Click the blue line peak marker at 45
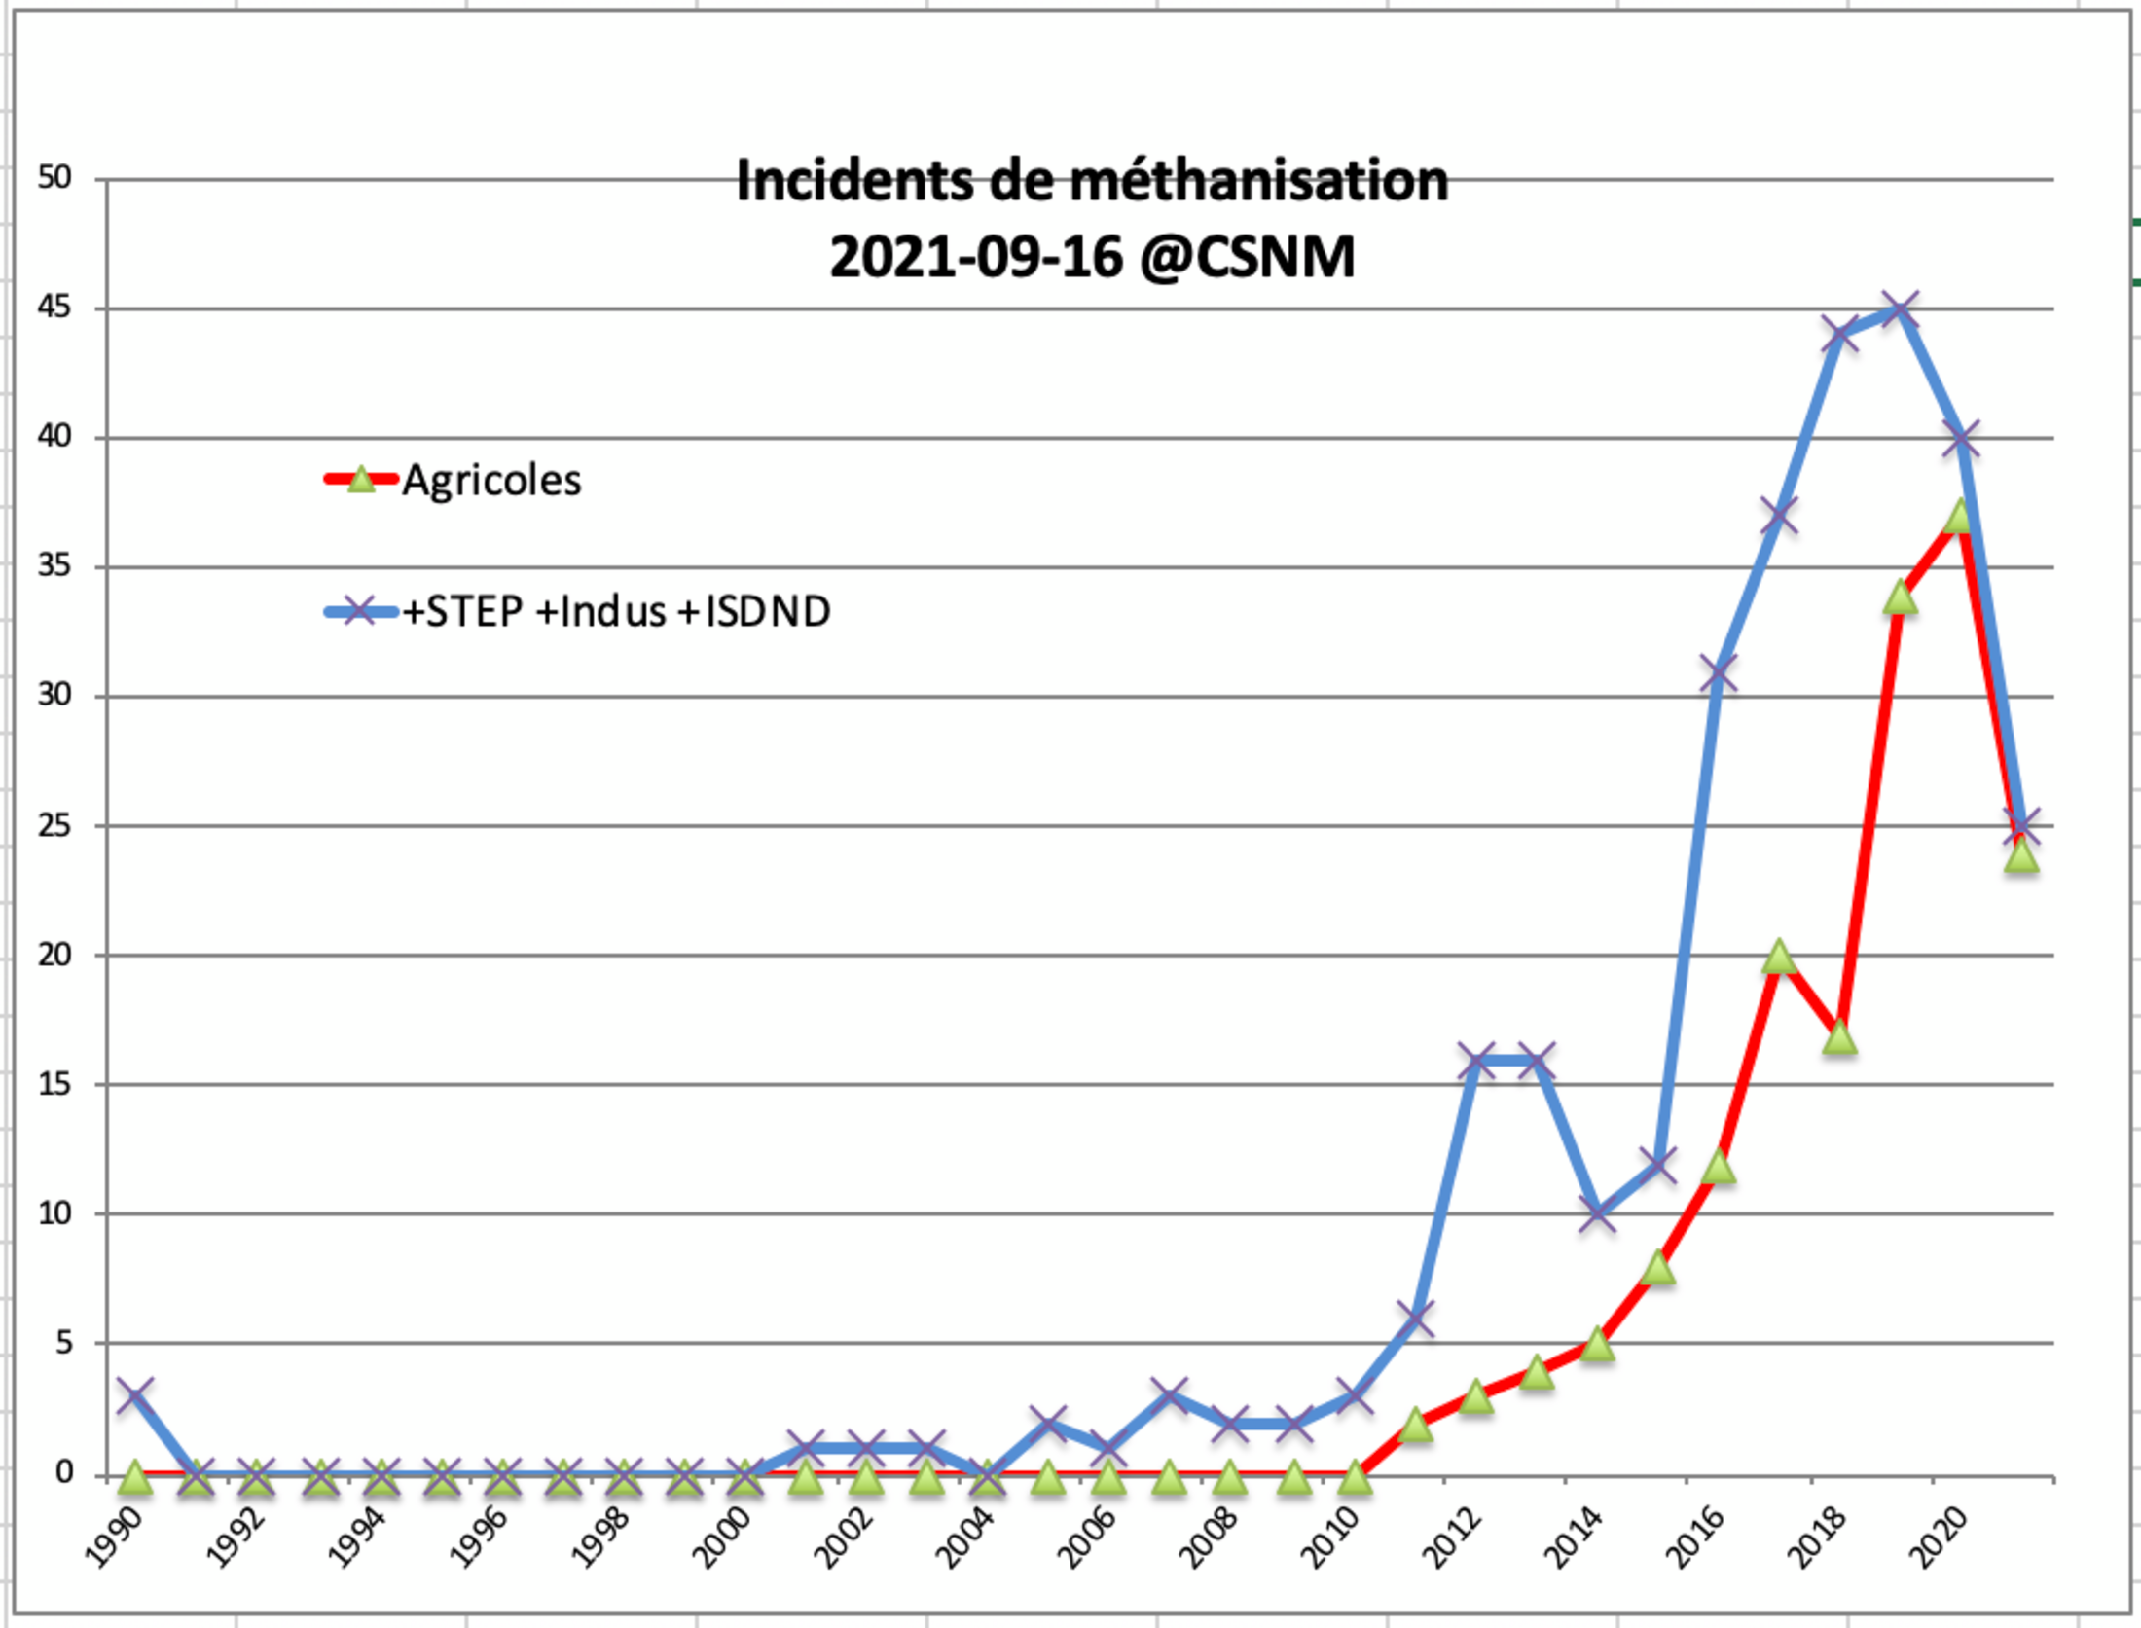coord(1900,309)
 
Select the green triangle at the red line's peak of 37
coord(1961,517)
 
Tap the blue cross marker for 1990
coord(135,1395)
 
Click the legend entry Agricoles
coord(491,480)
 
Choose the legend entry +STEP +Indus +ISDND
coord(616,612)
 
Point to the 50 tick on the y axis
coord(55,178)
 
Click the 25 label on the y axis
coord(55,826)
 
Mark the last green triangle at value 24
coord(2021,856)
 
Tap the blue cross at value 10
coord(1597,1213)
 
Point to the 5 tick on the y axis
coord(64,1344)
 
